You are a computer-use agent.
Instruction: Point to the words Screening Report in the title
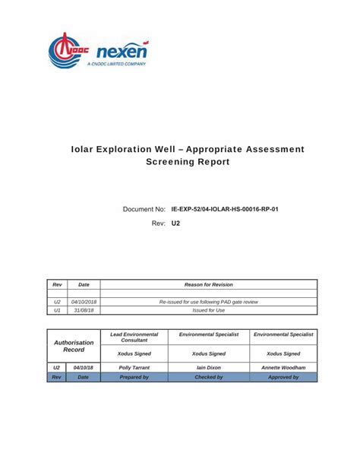[x=187, y=162]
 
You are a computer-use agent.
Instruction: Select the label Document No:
[x=144, y=208]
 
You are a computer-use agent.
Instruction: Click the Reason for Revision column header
[x=208, y=284]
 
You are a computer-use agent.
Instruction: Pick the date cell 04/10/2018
[x=84, y=302]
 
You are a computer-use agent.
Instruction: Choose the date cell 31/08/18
[x=84, y=310]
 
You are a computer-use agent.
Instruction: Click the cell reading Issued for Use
[x=208, y=310]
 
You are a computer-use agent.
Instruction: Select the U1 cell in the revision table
[x=57, y=310]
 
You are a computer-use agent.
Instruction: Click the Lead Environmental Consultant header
[x=134, y=337]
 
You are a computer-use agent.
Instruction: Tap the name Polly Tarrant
[x=134, y=367]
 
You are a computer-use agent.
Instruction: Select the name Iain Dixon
[x=208, y=367]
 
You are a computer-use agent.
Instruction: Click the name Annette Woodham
[x=283, y=367]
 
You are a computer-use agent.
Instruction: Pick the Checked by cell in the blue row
[x=208, y=376]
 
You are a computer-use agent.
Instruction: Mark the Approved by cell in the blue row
[x=283, y=376]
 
